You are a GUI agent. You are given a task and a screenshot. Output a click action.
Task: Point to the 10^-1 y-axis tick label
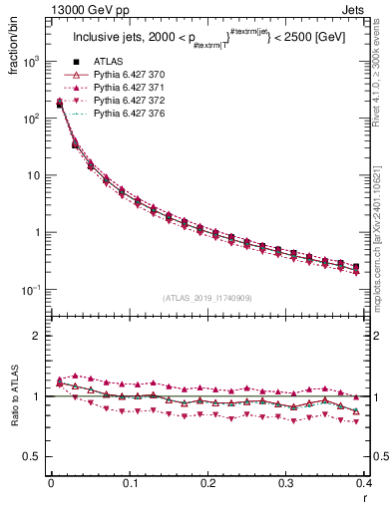click(x=30, y=290)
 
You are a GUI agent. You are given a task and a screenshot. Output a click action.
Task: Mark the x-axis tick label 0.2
click(x=207, y=483)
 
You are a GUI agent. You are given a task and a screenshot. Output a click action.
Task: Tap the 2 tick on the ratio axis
click(x=36, y=336)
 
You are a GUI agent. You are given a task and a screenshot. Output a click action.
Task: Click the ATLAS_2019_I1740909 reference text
click(x=206, y=297)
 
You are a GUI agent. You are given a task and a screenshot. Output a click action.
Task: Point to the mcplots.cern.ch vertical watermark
click(x=383, y=239)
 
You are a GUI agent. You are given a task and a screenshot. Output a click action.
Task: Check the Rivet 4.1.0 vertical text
click(x=383, y=70)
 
